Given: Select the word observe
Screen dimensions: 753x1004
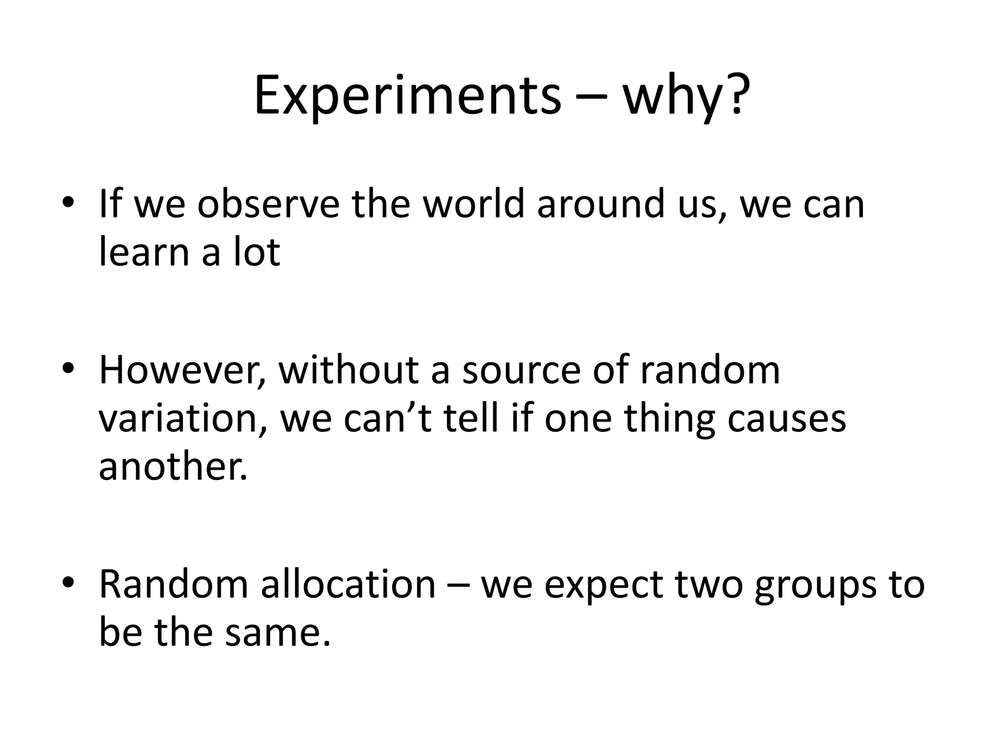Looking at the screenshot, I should (268, 204).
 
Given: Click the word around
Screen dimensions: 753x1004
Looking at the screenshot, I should (595, 204).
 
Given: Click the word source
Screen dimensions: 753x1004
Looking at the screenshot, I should (521, 371).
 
